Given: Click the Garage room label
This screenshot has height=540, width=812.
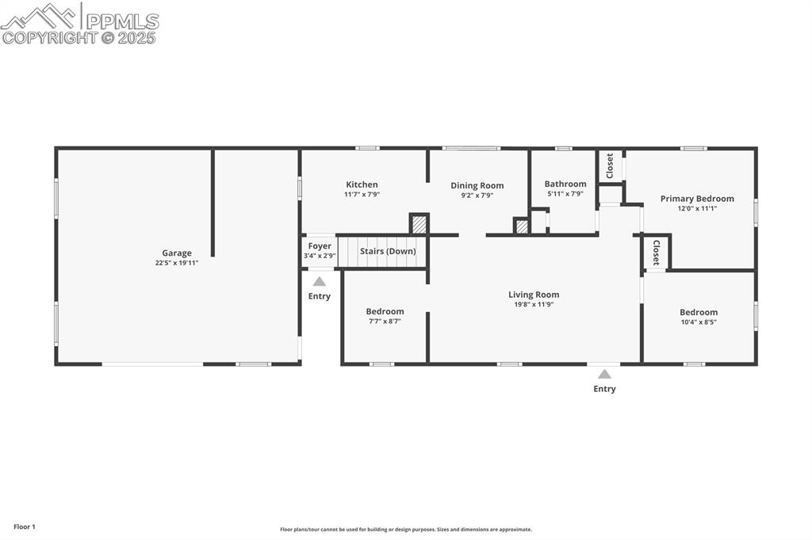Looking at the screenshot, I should (x=177, y=253).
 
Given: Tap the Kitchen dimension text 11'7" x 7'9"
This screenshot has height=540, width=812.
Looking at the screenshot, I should (x=362, y=194).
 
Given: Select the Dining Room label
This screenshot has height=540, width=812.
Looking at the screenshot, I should (x=477, y=185).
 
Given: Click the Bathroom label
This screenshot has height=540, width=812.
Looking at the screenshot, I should (x=565, y=184).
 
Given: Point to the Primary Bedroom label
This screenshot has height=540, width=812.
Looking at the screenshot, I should (x=697, y=199).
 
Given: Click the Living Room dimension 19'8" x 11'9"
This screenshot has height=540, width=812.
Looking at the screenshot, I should (x=534, y=304).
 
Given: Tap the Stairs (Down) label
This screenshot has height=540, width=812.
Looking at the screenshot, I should (x=388, y=251).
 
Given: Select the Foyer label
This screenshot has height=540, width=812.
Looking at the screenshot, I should (x=320, y=246).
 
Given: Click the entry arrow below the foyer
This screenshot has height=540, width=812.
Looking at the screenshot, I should (x=319, y=281).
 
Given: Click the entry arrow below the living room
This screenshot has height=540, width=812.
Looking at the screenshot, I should (x=604, y=374).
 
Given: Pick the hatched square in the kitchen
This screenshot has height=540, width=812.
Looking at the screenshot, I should (x=419, y=224).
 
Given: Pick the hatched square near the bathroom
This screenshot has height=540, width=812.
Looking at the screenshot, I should (x=522, y=226).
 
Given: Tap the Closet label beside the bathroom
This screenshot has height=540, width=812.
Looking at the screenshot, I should (x=610, y=165).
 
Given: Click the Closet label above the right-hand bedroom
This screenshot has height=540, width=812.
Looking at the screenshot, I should (x=657, y=252).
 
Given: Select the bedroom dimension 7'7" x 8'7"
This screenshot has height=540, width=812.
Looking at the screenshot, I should (x=385, y=321).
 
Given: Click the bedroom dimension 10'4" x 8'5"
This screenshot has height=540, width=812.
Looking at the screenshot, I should (x=698, y=322).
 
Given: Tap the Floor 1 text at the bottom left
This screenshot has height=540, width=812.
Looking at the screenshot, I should (x=25, y=527).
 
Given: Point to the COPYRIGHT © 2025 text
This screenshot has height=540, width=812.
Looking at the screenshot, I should (x=79, y=37).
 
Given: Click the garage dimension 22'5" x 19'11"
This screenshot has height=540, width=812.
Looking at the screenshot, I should (x=177, y=263).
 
